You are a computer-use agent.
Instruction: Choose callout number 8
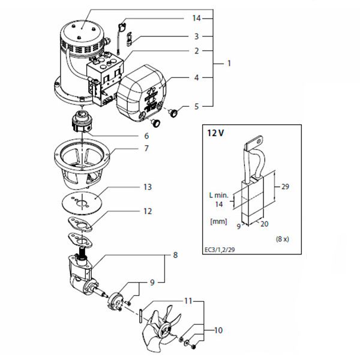(x=175, y=254)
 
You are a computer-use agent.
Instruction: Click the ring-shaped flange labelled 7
(x=83, y=159)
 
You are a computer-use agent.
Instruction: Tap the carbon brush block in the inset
(x=253, y=198)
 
